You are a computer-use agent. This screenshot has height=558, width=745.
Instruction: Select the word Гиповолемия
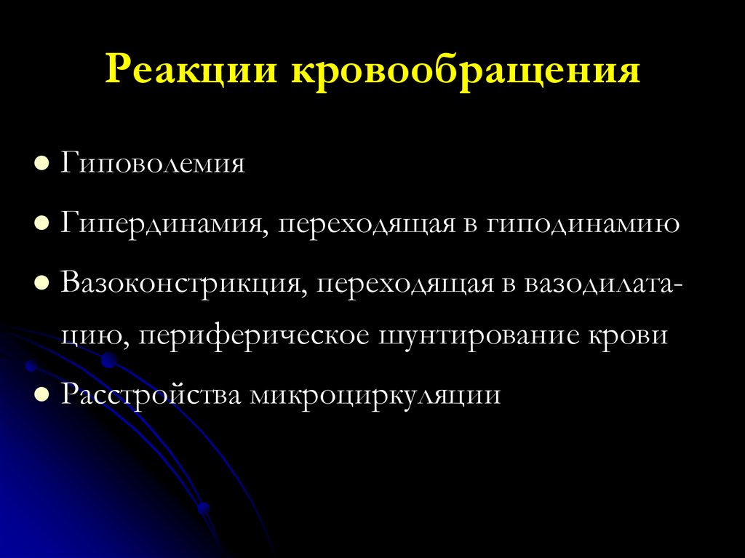click(x=153, y=162)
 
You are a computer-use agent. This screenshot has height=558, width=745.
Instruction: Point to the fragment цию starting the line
click(x=86, y=337)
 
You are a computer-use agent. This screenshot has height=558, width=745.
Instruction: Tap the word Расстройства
click(x=153, y=394)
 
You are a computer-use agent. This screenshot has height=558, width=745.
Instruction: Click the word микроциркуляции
click(x=376, y=394)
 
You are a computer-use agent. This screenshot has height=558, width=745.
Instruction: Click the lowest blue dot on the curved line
click(x=204, y=508)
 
